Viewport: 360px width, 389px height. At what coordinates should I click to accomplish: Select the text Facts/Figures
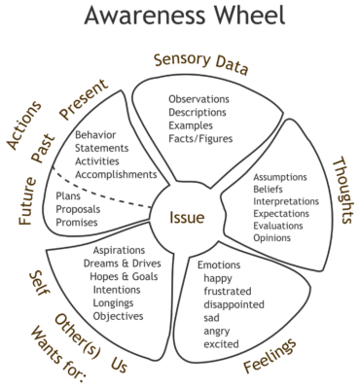click(198, 140)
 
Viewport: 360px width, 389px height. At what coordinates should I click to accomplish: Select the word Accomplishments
click(115, 174)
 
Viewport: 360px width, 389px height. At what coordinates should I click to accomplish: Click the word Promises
click(79, 223)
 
